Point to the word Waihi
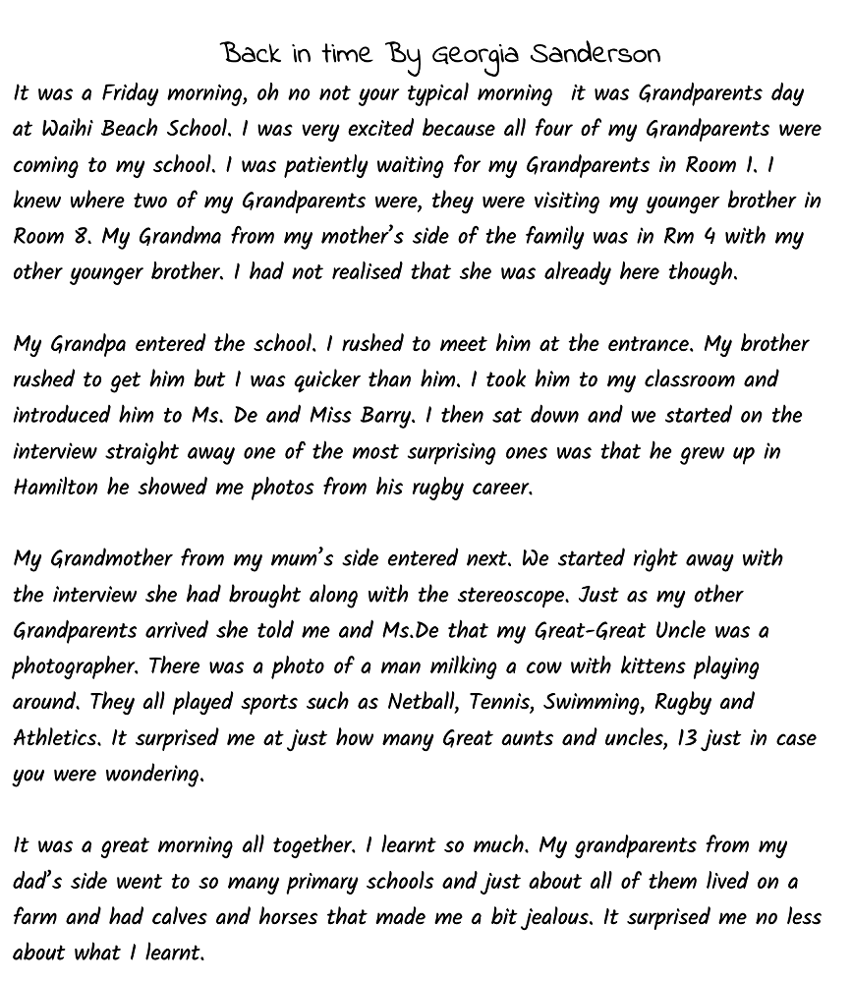coord(67,130)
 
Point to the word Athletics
coord(57,738)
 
